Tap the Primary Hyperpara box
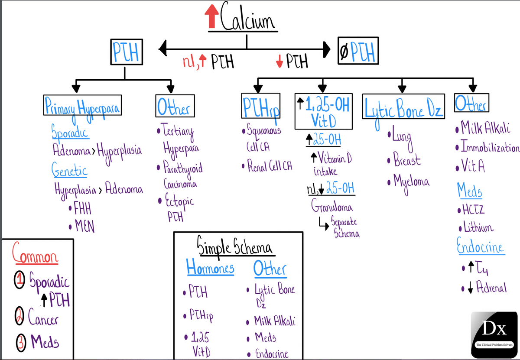tap(82, 105)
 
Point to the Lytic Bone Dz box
tap(403, 105)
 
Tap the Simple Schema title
tap(234, 247)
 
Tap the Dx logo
tap(494, 331)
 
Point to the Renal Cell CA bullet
tap(267, 166)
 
